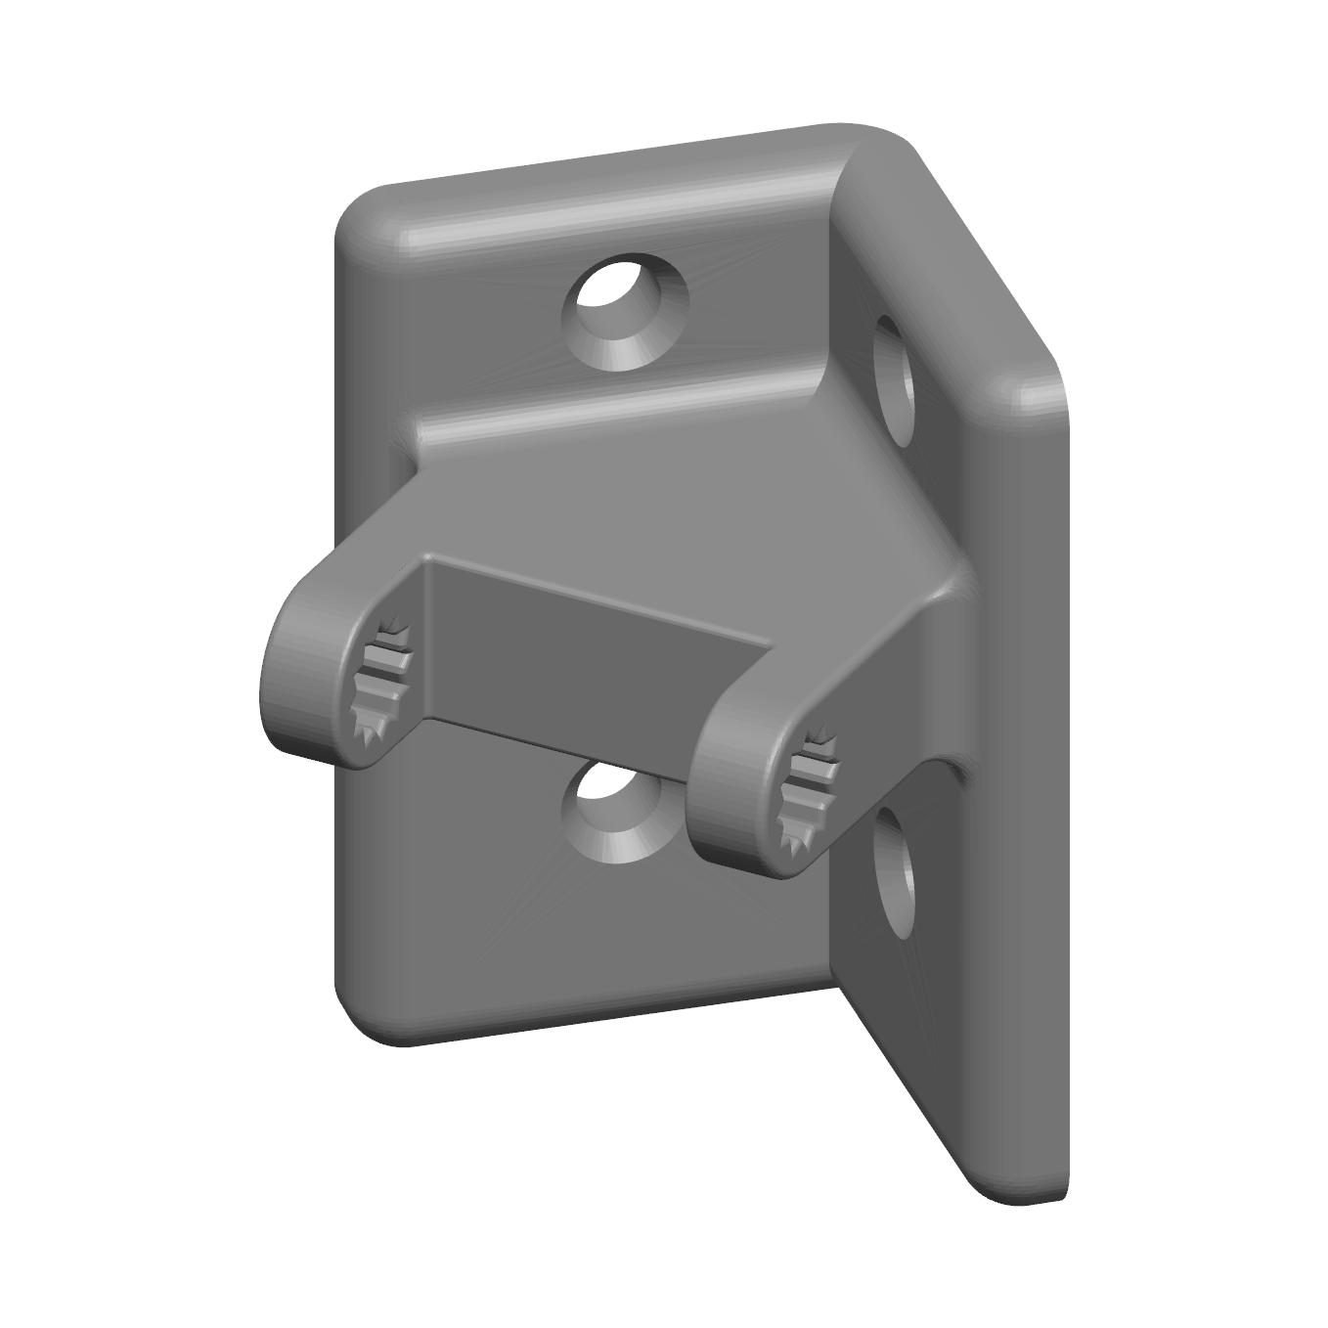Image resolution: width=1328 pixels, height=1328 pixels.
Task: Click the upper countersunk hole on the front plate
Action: coord(624,311)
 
